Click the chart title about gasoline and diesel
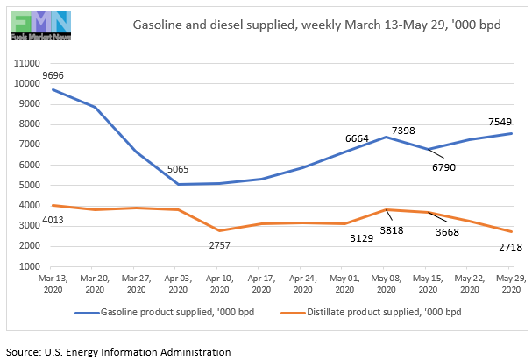point(316,24)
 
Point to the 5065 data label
point(177,169)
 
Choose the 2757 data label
point(219,244)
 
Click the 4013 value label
point(28,222)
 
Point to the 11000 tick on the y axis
point(28,64)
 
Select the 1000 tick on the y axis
point(32,266)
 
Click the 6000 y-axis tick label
point(32,165)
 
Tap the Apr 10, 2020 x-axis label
point(219,283)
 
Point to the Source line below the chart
point(117,351)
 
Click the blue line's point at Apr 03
point(178,184)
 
